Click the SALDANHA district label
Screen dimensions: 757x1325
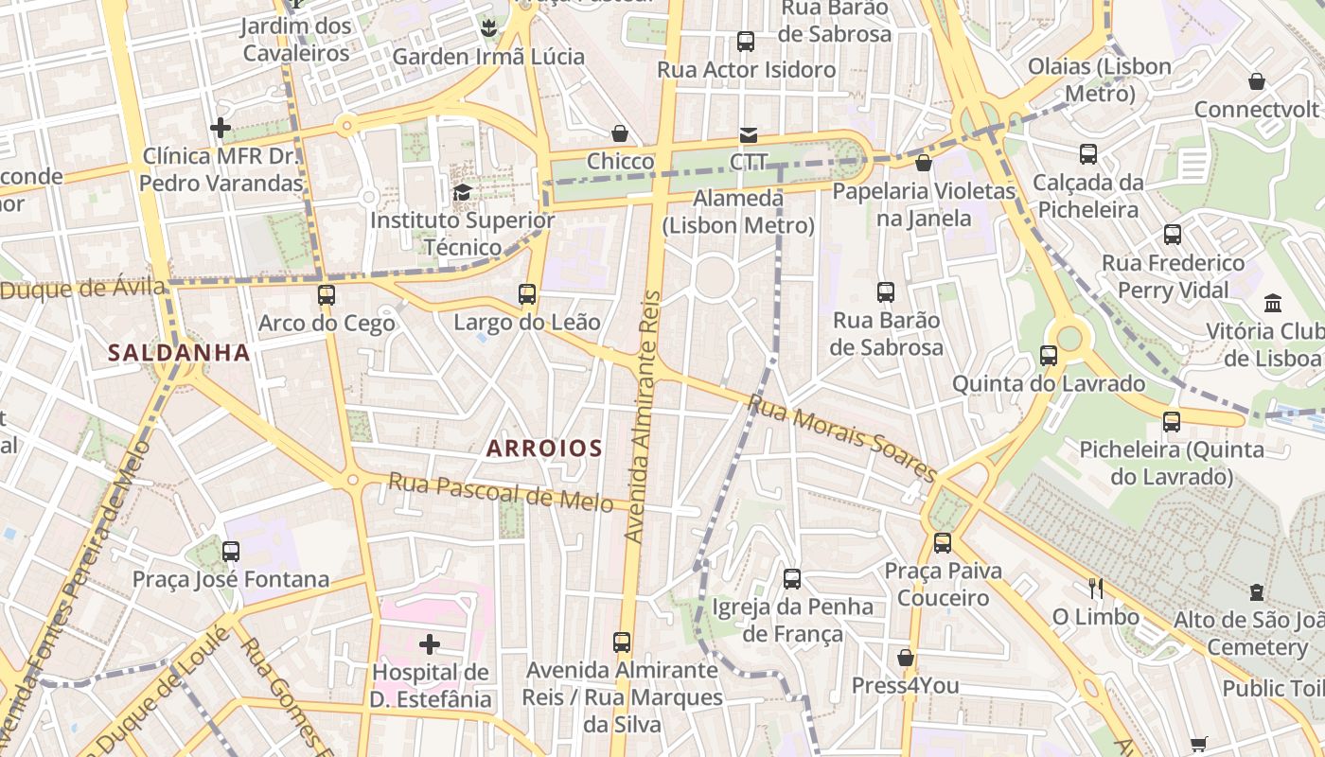[179, 353]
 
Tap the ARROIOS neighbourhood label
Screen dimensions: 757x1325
[544, 449]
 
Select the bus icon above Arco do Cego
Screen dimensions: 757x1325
[327, 294]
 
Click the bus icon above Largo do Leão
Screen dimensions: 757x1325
[527, 294]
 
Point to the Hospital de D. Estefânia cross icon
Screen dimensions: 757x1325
[430, 644]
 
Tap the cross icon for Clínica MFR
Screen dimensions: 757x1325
[221, 128]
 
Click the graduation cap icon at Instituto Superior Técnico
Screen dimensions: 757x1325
[462, 193]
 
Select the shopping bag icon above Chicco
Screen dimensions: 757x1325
[620, 133]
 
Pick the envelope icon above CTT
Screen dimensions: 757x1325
[749, 134]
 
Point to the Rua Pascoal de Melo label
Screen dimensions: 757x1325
[501, 492]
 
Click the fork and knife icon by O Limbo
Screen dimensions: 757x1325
[1095, 589]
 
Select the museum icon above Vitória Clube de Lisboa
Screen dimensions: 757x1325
[1273, 304]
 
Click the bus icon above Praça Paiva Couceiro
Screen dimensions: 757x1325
[943, 542]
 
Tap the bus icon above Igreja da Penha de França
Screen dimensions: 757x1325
[792, 578]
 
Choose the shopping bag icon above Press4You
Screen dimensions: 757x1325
[906, 658]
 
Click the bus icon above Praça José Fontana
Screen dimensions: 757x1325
[231, 551]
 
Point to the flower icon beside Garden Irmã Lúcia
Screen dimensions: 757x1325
[488, 28]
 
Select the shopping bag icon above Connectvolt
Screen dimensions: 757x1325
[1257, 81]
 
